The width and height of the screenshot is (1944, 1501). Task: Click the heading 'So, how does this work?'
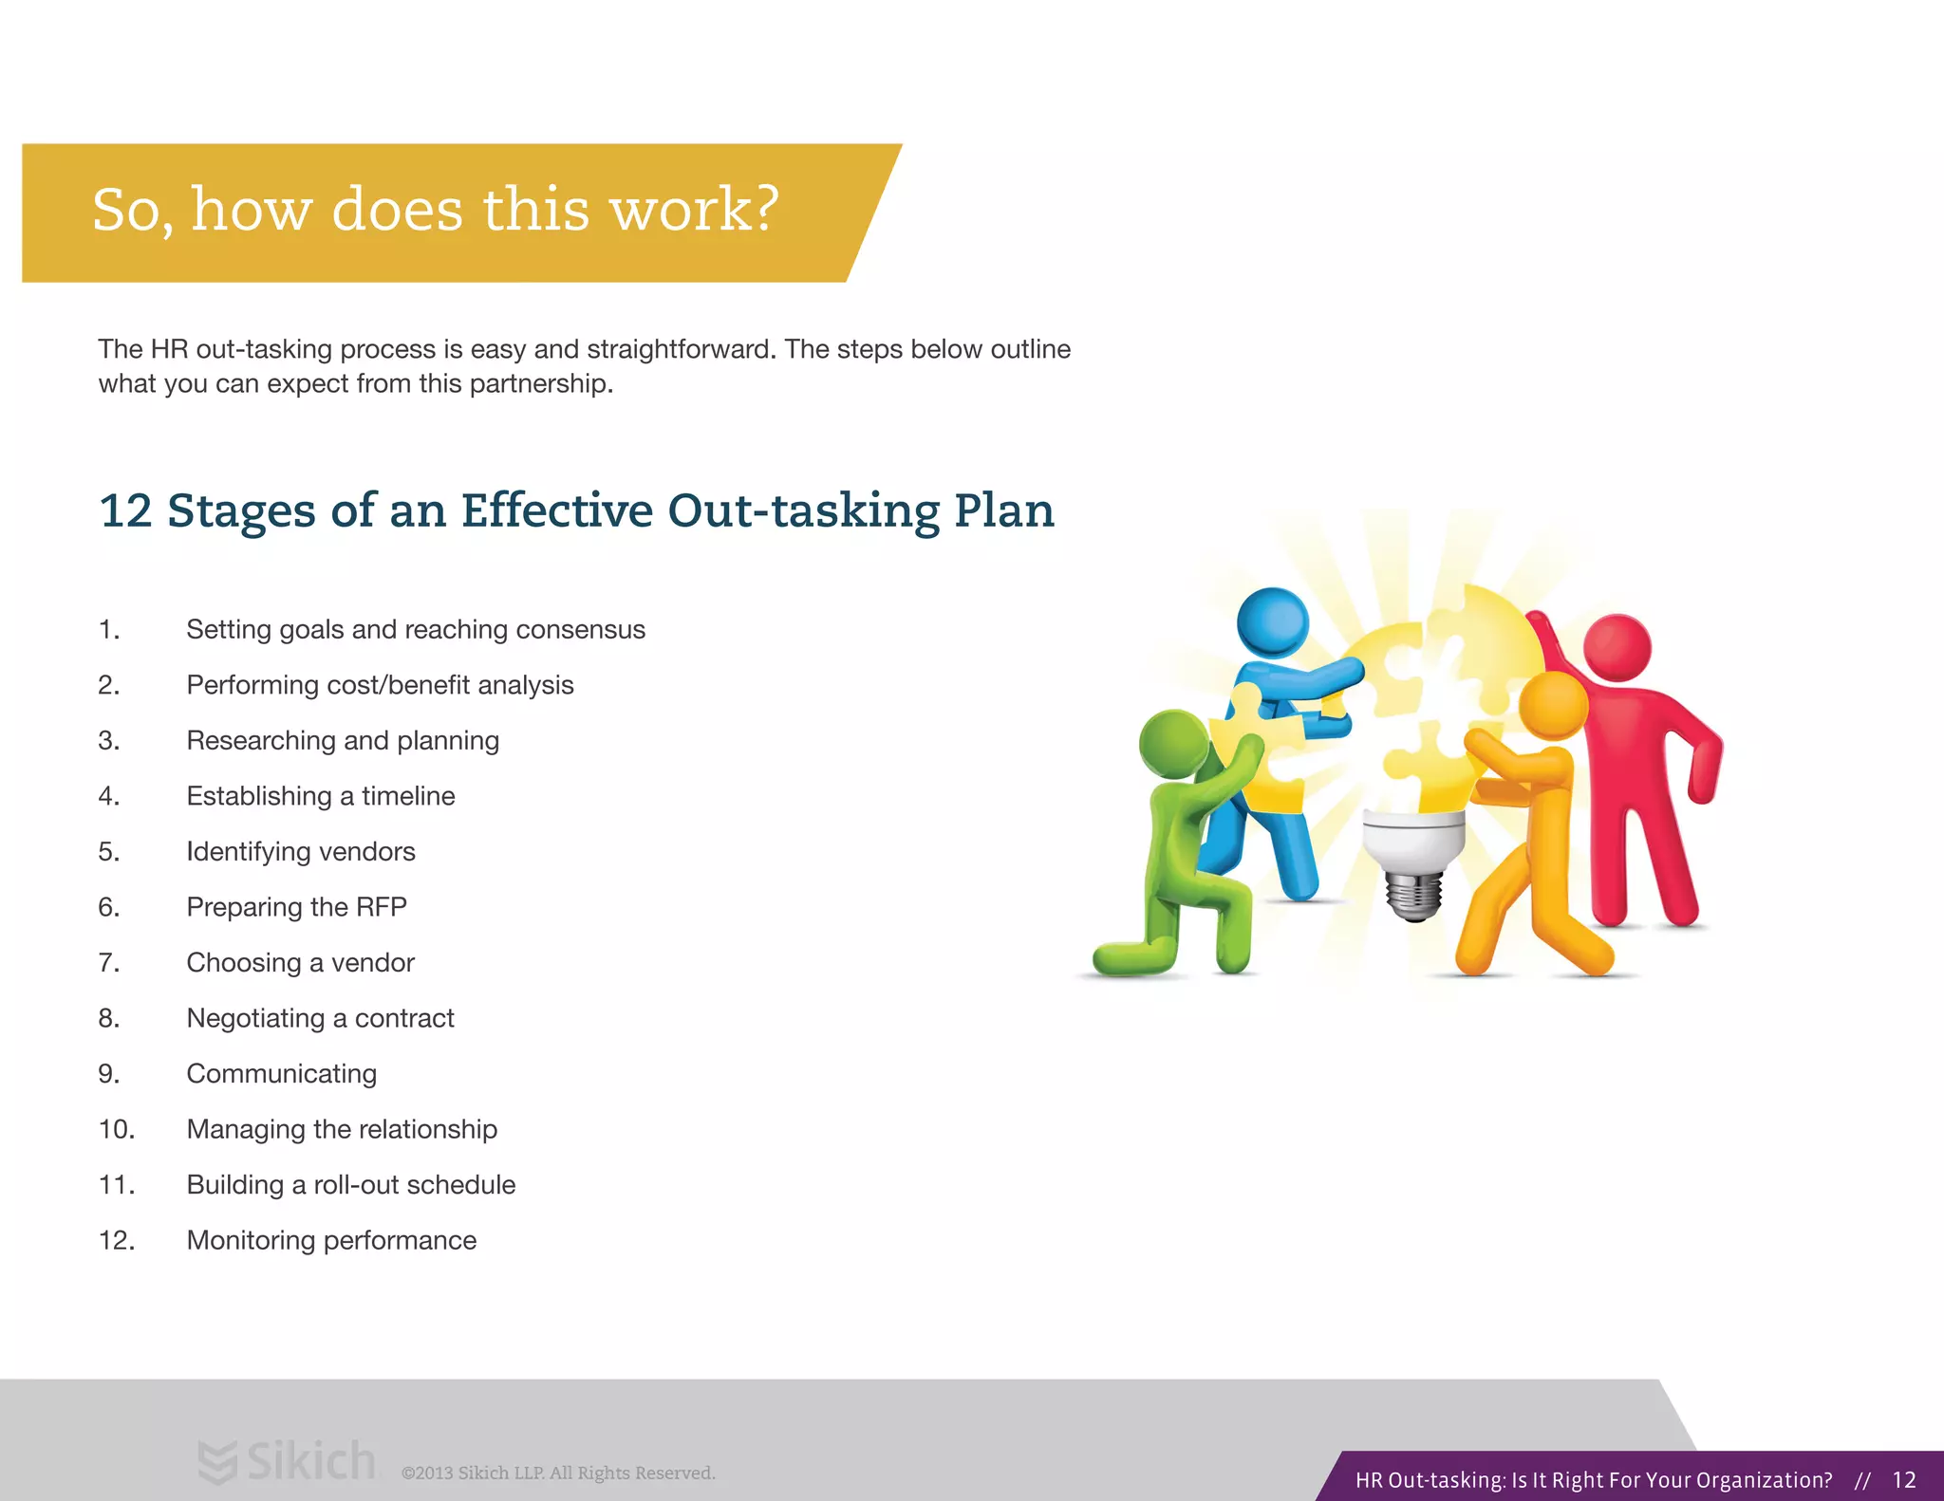point(435,211)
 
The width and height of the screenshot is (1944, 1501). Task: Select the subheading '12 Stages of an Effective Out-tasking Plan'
point(576,511)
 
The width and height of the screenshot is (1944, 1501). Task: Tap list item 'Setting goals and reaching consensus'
point(415,630)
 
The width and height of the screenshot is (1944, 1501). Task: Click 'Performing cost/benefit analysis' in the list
point(380,685)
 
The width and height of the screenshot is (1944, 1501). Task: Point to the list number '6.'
point(108,907)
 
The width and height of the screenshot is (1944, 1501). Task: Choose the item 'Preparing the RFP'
point(296,907)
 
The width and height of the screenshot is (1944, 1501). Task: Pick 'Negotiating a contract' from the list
point(320,1018)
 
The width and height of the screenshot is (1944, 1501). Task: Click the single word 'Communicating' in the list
point(281,1074)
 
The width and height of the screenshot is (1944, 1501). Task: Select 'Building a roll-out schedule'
point(350,1185)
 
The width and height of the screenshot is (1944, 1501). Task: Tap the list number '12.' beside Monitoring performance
point(116,1241)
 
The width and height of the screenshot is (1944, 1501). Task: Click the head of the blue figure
point(1272,621)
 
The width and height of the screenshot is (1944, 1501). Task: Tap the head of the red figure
point(1617,647)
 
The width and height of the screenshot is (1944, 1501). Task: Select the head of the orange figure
point(1553,705)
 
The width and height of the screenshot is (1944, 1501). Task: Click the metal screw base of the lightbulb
point(1414,897)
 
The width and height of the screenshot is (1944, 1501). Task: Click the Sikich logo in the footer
point(288,1461)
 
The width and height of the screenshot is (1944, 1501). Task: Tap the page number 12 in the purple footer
point(1903,1480)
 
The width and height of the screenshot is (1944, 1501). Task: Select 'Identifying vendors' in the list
point(300,852)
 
